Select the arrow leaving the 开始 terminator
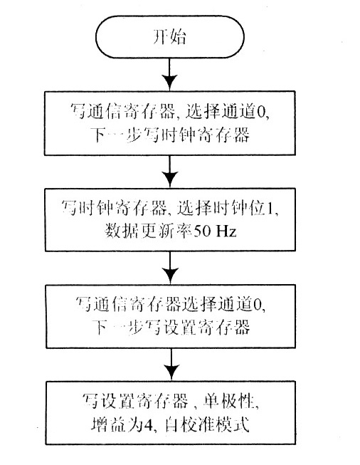169,74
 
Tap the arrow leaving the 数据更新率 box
169,268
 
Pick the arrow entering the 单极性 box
169,365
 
